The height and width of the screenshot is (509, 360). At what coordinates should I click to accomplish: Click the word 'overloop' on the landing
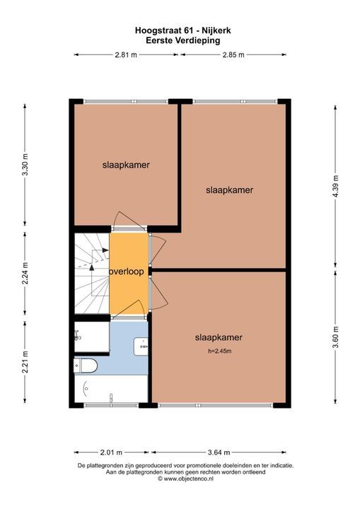coord(128,271)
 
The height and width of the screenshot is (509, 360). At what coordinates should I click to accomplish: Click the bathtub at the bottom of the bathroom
coord(110,389)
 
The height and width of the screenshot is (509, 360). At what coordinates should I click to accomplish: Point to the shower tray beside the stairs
coord(91,338)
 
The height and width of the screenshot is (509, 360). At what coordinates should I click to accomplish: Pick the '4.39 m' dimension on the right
coord(335,187)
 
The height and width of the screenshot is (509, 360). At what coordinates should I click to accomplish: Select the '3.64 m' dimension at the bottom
coord(219,452)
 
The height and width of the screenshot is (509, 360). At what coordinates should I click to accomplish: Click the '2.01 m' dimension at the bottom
coord(110,452)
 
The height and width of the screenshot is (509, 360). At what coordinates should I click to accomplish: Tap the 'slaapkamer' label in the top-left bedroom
coord(126,165)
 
